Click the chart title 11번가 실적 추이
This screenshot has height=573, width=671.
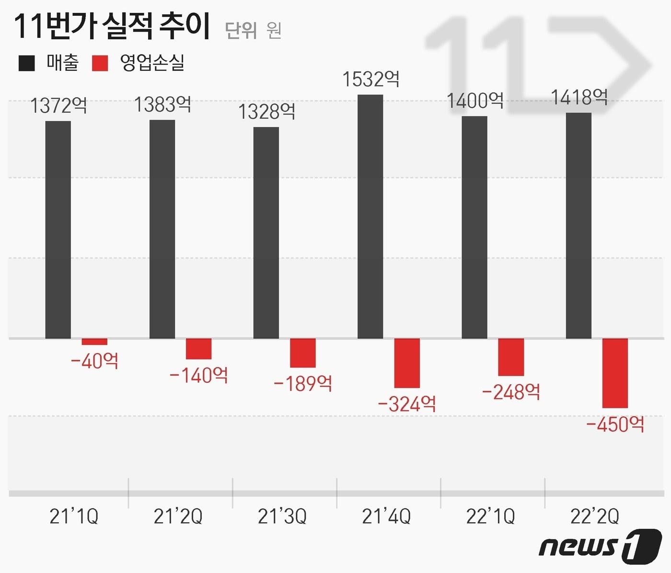112,26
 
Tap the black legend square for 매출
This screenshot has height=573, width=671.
27,63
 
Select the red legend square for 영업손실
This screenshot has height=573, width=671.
100,63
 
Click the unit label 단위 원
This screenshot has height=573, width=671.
253,31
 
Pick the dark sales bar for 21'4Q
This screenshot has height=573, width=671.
370,217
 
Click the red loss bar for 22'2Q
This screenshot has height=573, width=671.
615,373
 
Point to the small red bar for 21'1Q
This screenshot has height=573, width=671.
94,342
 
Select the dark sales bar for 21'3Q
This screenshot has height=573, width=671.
266,233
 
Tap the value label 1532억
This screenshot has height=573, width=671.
370,79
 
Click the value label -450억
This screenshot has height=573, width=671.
615,424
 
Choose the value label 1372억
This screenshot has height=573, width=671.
58,105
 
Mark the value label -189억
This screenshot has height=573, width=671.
302,383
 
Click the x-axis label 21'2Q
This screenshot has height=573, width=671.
178,516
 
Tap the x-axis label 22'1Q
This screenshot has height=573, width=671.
490,516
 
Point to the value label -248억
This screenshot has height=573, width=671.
511,392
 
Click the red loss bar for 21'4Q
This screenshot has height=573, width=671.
407,363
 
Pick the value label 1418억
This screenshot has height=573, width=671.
579,98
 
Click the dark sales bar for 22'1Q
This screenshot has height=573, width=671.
474,228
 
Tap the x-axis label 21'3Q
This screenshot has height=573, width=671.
282,516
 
